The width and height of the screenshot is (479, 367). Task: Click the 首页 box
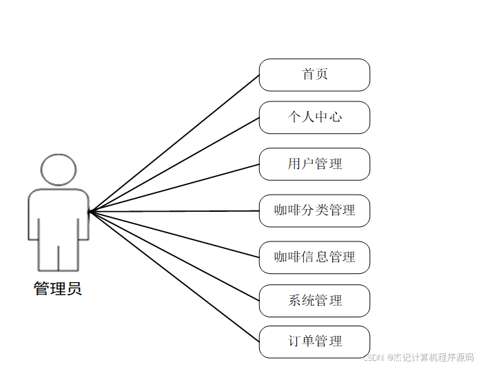314,75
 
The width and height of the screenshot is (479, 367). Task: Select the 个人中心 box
314,117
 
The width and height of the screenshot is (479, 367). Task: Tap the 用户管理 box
314,164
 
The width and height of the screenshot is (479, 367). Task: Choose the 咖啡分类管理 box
314,210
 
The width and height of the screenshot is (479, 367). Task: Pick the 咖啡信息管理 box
314,257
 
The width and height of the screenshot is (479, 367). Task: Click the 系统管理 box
314,301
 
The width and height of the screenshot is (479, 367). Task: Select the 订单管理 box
314,341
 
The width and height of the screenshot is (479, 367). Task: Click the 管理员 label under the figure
58,289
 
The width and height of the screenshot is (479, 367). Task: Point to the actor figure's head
58,170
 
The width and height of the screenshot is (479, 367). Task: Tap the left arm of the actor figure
32,217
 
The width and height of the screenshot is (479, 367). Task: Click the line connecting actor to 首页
174,143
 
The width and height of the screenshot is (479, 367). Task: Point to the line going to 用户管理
174,188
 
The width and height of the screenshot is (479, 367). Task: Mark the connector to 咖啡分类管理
174,211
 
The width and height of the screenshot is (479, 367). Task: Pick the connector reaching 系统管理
174,255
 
